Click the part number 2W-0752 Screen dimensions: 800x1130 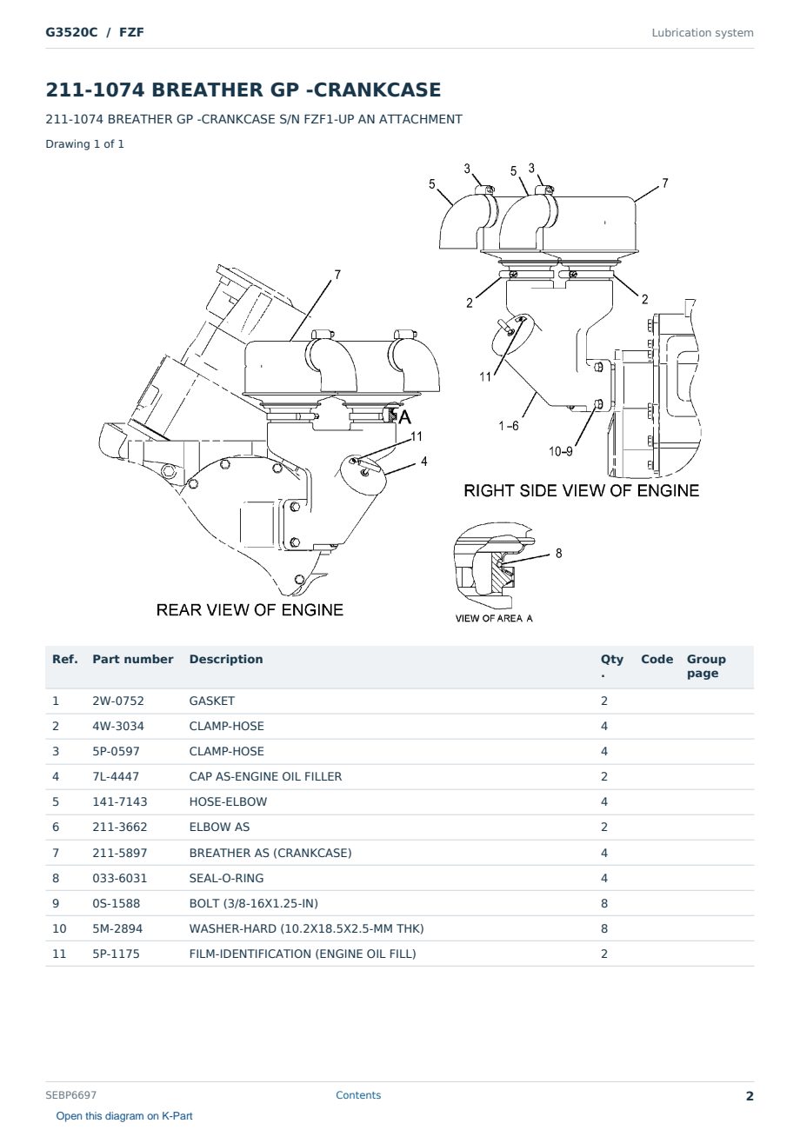pos(117,701)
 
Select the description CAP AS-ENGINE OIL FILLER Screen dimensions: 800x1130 pos(265,776)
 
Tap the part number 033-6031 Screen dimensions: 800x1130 pos(120,878)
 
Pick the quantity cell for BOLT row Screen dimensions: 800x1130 pos(604,903)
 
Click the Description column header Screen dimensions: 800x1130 pos(225,660)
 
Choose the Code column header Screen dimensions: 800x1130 pos(657,660)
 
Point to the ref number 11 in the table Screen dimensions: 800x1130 pos(59,954)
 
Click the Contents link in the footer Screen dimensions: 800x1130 pos(358,1095)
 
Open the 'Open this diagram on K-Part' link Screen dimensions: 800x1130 pos(124,1116)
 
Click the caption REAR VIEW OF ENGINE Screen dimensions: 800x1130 pos(250,610)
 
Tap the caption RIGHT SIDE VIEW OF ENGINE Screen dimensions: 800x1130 pos(581,490)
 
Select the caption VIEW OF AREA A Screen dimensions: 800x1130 pos(494,619)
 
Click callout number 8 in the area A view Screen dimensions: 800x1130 pos(559,554)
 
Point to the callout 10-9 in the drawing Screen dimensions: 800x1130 pos(561,451)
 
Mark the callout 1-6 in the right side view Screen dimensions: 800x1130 pos(509,426)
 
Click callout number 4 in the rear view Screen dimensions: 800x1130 pos(424,462)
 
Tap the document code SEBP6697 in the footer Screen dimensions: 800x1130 pos(70,1095)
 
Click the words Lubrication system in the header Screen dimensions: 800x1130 pos(703,33)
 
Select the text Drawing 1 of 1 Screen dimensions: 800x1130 pos(85,144)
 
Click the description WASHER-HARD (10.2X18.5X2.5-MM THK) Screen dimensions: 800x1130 pos(306,928)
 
